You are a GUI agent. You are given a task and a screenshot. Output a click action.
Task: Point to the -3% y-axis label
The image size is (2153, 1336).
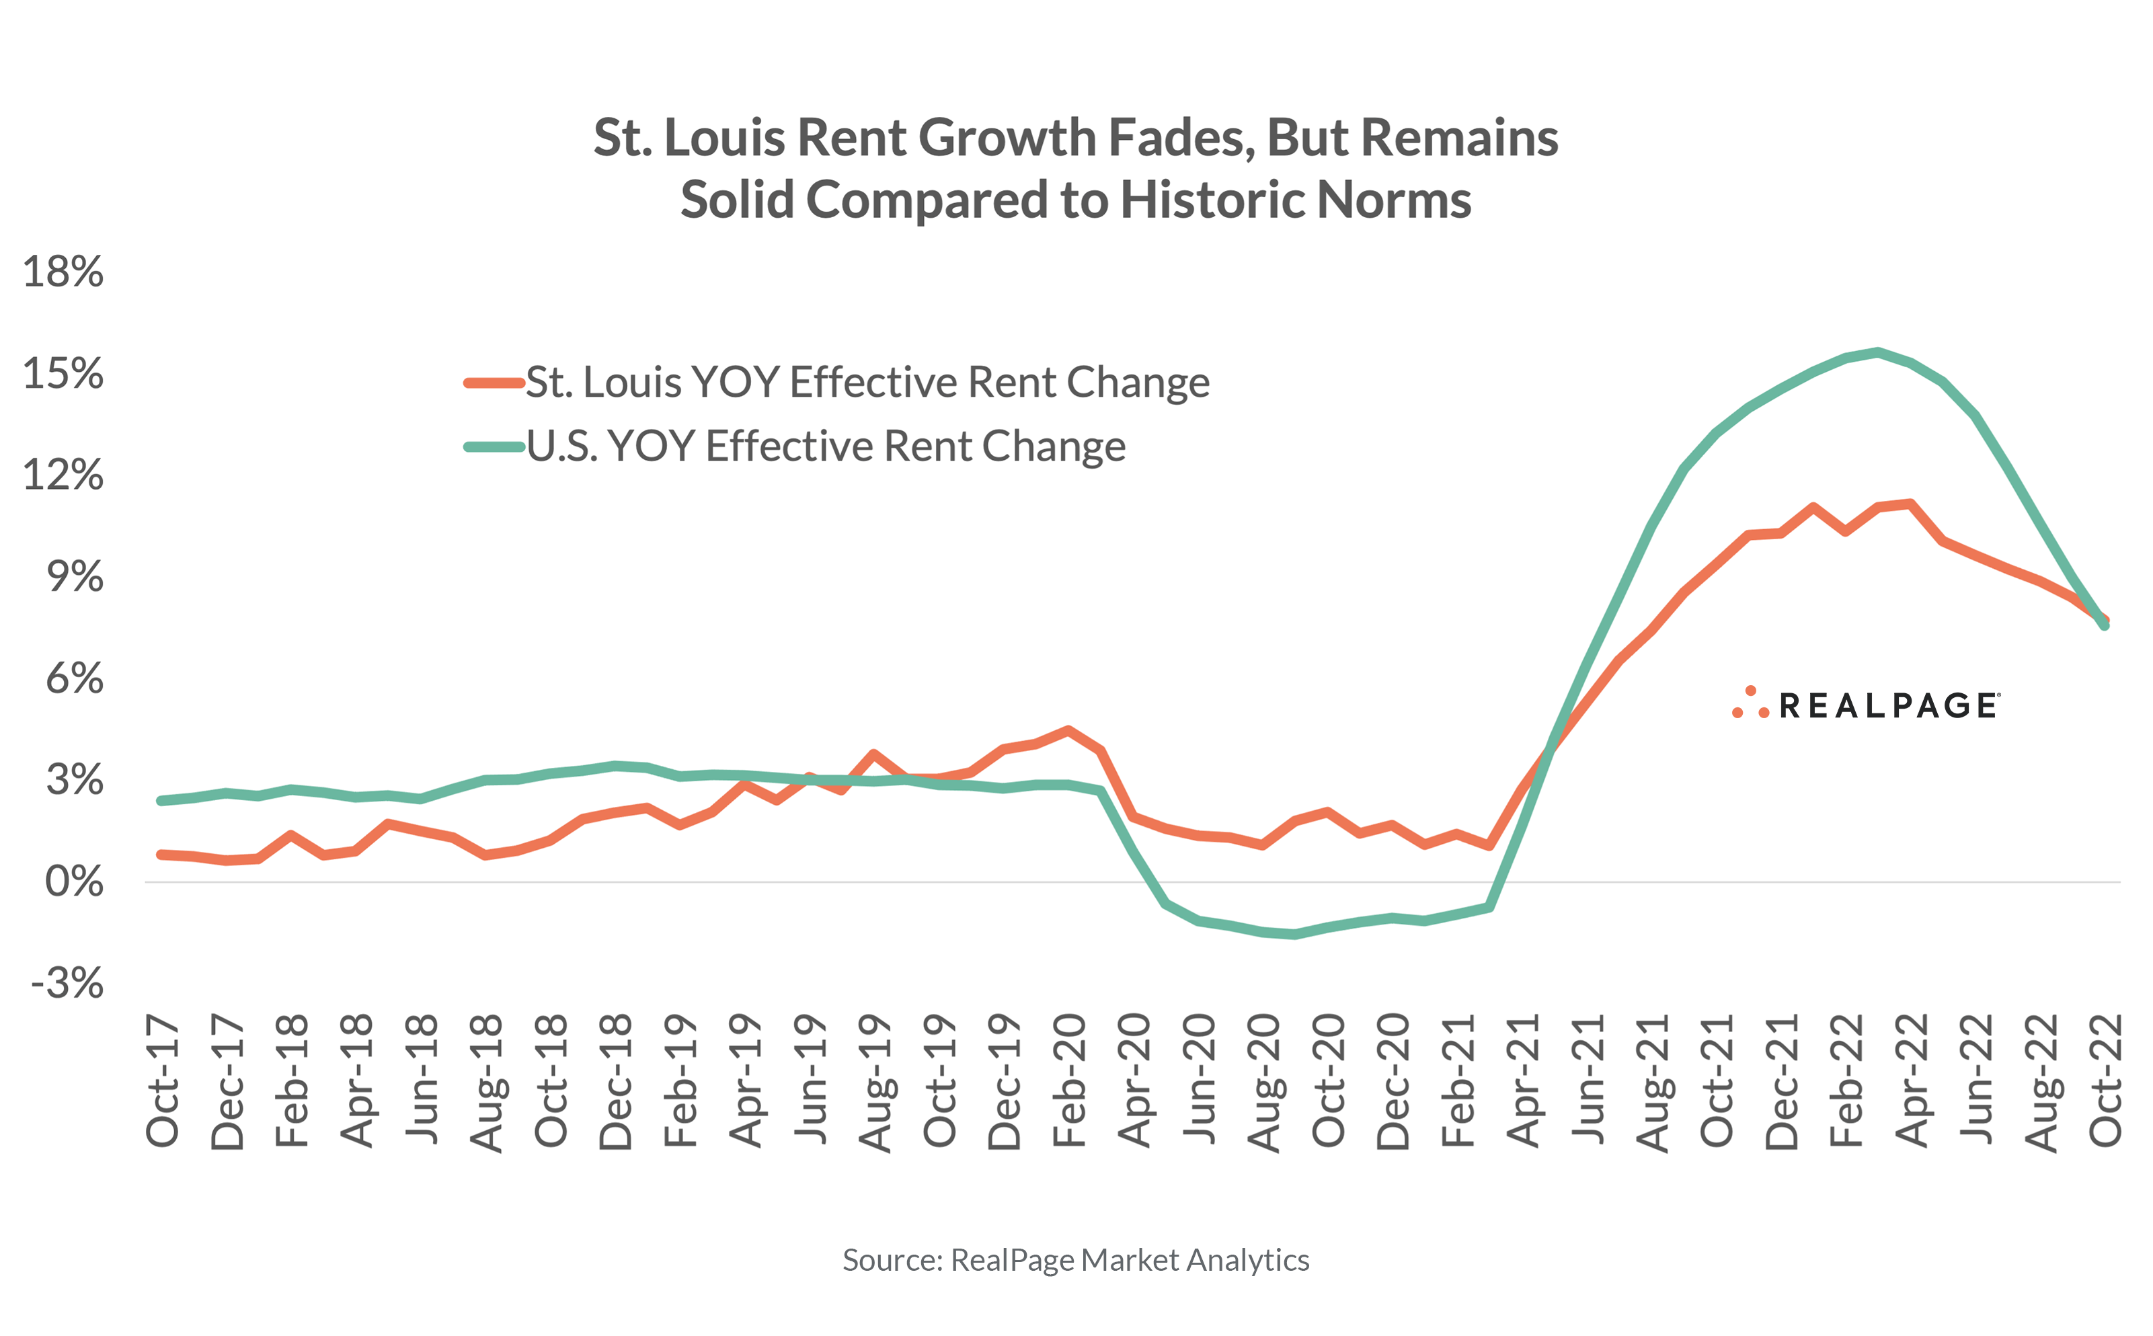(67, 982)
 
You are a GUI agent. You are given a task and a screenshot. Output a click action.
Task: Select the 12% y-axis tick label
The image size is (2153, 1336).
(63, 475)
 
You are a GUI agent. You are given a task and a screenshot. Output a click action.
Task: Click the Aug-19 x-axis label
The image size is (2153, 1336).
(875, 1083)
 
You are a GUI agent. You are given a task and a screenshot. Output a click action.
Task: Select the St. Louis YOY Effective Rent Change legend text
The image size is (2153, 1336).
(867, 383)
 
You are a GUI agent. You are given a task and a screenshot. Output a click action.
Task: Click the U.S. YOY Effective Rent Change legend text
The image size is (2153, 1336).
(826, 446)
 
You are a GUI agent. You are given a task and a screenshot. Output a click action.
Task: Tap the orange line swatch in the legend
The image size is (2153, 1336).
(494, 383)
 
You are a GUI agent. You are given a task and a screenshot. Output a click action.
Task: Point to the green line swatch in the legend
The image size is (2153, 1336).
(494, 447)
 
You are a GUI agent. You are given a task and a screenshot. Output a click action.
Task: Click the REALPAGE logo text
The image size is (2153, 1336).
(1888, 706)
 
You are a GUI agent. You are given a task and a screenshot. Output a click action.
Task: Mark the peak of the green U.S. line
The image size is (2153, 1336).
(1877, 352)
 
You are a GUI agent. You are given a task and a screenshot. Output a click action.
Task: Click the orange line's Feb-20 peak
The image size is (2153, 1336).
(1068, 730)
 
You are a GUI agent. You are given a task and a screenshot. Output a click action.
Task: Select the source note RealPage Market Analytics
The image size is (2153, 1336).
(1075, 1260)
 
